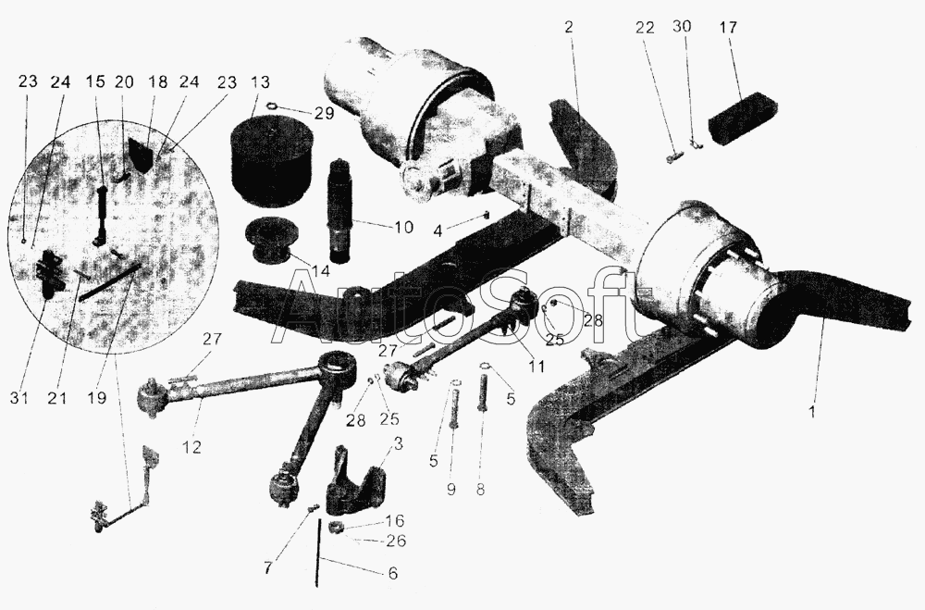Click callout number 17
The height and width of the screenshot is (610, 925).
[728, 28]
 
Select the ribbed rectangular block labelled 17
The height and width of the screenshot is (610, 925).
[743, 120]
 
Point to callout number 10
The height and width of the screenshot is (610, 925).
[403, 227]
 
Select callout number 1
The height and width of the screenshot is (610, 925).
[812, 412]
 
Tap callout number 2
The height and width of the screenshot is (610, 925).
[568, 27]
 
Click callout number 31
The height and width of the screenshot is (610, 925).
[18, 398]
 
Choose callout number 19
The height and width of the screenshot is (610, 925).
[97, 398]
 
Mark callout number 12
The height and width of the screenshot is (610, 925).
[192, 446]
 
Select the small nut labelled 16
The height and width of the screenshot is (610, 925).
[338, 526]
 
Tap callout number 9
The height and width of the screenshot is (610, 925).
[451, 490]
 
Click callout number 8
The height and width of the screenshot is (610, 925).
[480, 490]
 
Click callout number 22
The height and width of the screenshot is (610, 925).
[645, 27]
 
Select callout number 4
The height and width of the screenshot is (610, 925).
[438, 230]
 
